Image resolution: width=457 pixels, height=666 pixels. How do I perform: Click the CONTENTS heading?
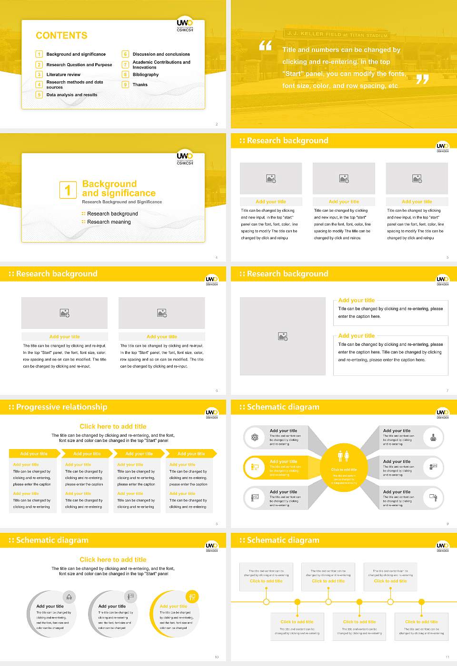(61, 36)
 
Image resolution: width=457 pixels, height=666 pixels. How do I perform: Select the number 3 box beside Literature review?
(39, 75)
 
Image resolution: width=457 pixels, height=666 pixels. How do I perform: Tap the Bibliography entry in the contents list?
(145, 75)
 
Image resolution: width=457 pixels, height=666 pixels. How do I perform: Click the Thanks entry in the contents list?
(140, 85)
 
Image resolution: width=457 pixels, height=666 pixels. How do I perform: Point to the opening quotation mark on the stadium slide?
(265, 46)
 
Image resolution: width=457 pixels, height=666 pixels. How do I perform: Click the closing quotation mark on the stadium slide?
(422, 79)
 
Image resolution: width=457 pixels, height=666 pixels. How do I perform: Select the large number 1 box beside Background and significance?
(68, 190)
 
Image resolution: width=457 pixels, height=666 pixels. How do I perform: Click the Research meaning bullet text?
(109, 222)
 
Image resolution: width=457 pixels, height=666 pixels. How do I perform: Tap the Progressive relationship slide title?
(61, 407)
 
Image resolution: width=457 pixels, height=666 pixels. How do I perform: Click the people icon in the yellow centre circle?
(343, 456)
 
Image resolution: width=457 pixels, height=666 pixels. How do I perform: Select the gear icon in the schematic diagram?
(255, 437)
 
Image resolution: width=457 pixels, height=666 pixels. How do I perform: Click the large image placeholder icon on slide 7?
(283, 337)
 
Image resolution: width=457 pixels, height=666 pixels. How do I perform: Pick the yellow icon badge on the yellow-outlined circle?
(192, 597)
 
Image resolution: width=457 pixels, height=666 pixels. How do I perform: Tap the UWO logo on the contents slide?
(185, 24)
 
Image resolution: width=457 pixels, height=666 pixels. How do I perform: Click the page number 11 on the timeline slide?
(447, 657)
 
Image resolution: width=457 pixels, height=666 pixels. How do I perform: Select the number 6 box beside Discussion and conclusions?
(125, 54)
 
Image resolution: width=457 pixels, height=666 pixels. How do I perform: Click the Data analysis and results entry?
(71, 95)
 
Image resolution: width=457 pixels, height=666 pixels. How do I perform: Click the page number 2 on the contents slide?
(217, 124)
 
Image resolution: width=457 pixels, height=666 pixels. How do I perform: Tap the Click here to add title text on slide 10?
(113, 559)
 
